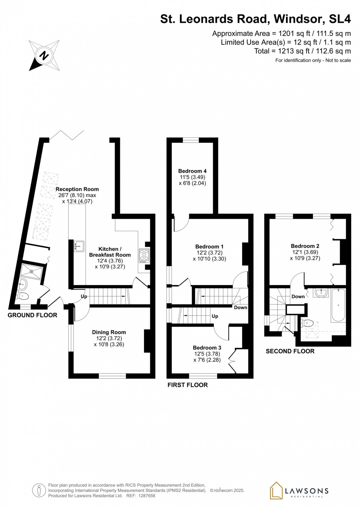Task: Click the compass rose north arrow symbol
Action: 44,56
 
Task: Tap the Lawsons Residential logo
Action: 299,491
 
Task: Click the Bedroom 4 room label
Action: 192,171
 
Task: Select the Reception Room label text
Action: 77,189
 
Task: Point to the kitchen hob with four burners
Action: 144,255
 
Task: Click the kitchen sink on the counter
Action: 79,246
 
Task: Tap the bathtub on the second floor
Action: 338,305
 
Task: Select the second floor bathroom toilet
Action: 307,324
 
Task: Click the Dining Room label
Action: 109,332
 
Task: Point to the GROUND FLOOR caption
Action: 32,315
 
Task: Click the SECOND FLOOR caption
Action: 290,351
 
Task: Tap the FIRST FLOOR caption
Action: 187,385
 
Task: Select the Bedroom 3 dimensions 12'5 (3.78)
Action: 207,354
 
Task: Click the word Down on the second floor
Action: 298,296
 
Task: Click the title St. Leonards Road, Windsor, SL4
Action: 255,19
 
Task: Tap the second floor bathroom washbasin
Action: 321,292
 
